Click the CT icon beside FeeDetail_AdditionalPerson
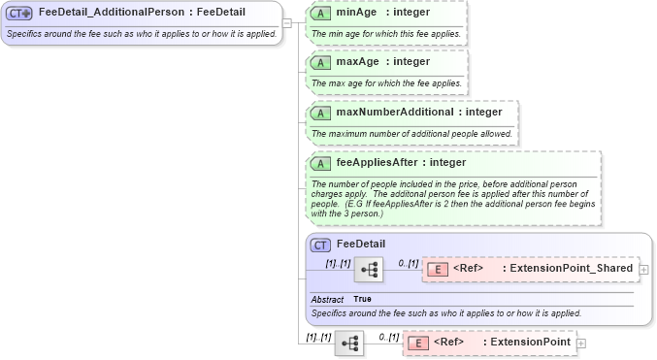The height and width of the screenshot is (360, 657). click(x=19, y=14)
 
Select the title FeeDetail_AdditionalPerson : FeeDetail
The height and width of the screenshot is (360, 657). click(x=142, y=14)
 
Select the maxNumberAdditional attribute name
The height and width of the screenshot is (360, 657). click(x=394, y=112)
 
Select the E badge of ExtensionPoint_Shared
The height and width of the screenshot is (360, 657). click(x=438, y=268)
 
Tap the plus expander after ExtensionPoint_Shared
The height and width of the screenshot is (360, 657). click(x=644, y=268)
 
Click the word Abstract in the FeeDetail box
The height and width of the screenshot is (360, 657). click(x=327, y=299)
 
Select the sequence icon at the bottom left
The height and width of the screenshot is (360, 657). click(x=349, y=343)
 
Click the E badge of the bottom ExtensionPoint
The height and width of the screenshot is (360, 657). click(x=417, y=343)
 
